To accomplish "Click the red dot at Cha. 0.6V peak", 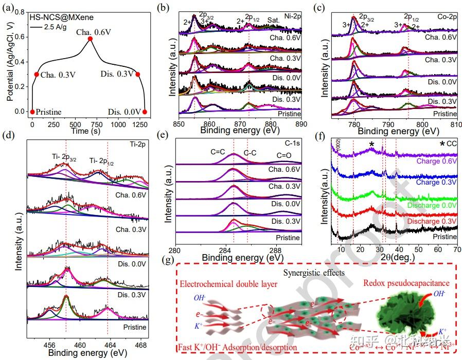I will (90, 39).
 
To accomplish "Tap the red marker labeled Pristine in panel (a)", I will (32, 112).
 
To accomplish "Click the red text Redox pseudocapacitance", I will (406, 282).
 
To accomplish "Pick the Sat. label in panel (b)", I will (274, 20).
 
